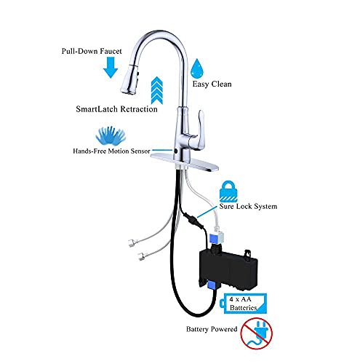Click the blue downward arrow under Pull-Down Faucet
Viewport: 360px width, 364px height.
coord(110,68)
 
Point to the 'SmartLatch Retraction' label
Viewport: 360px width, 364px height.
coord(116,109)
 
